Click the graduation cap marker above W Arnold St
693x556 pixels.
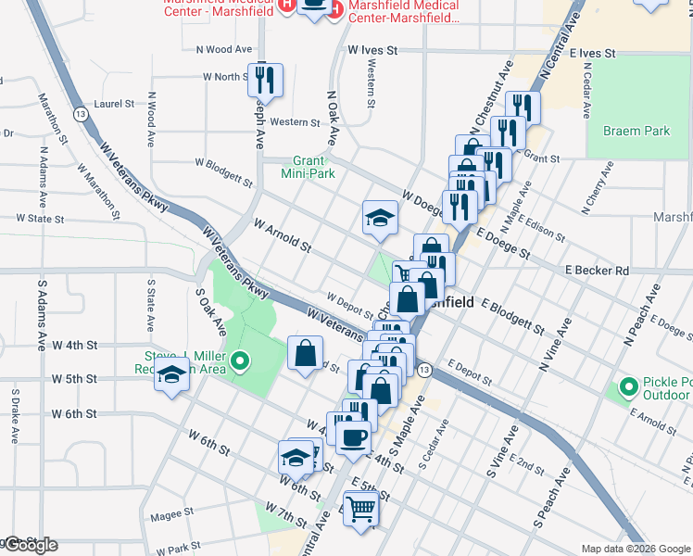[379, 218]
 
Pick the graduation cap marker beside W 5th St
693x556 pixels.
[171, 374]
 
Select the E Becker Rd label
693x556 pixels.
[597, 271]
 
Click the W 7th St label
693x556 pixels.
[283, 512]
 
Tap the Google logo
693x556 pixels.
[30, 545]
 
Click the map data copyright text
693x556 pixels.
[635, 549]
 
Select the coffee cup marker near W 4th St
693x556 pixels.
[353, 435]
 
